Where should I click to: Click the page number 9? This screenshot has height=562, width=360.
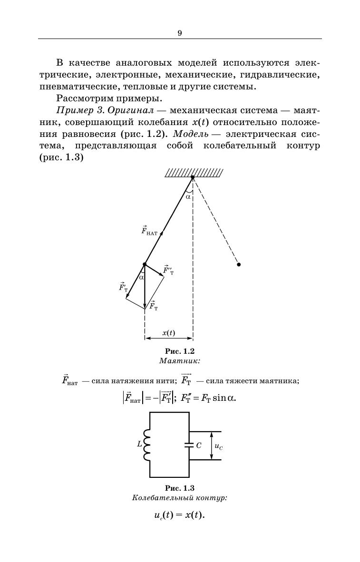(180, 33)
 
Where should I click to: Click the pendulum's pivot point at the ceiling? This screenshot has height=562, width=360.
(192, 177)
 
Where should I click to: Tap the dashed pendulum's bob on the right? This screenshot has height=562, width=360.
(239, 264)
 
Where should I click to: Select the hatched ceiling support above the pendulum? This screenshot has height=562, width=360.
(194, 173)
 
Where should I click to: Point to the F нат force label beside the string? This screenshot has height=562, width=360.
(149, 232)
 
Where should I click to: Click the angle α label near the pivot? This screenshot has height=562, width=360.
(188, 195)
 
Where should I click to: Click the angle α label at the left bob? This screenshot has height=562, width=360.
(141, 277)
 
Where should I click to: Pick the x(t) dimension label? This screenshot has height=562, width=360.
(168, 333)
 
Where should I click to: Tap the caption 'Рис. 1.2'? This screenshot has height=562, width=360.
(180, 351)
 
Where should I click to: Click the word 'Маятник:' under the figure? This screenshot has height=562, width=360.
(180, 361)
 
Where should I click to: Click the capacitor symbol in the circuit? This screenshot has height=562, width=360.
(189, 446)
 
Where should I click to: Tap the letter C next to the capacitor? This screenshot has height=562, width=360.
(199, 446)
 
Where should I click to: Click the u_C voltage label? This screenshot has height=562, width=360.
(219, 446)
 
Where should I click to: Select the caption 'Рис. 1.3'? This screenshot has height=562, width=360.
(180, 488)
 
